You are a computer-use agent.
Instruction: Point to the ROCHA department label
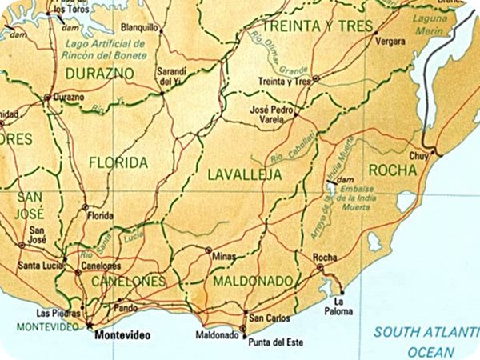pos(392,170)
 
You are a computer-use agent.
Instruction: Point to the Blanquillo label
pos(141,26)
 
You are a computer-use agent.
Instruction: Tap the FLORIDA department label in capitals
pos(118,163)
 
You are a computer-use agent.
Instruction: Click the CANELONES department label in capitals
pos(128,282)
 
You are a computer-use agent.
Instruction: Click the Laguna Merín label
pos(432,23)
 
